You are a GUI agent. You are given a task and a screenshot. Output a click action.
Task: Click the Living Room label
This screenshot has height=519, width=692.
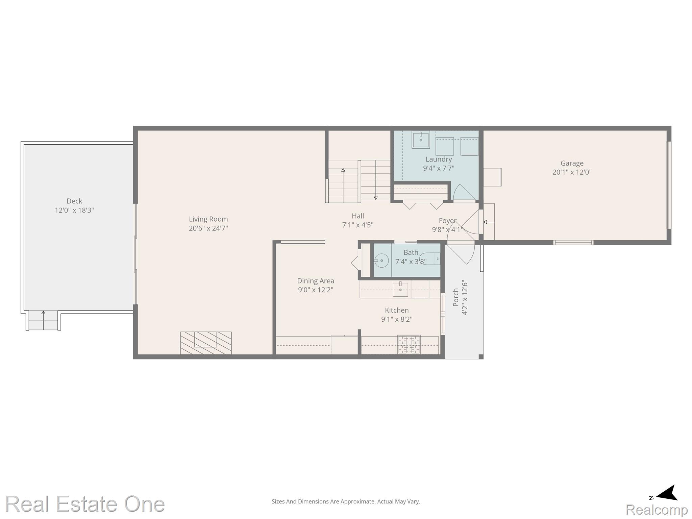coord(208,219)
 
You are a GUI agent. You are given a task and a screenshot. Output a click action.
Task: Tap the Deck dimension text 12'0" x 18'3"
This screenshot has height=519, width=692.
coord(74,210)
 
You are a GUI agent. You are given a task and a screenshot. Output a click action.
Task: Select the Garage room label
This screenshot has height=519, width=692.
coord(572,164)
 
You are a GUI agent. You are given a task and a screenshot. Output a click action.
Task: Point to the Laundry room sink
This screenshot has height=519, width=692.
coord(421,140)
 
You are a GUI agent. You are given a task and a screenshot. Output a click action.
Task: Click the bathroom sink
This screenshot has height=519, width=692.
coord(381,261)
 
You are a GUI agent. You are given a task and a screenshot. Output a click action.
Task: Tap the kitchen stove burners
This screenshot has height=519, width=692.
coord(409,344)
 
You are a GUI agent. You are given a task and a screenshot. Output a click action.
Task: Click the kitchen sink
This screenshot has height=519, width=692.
coord(400,289)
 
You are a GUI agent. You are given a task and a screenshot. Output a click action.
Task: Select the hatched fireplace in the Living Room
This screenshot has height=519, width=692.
coord(206,343)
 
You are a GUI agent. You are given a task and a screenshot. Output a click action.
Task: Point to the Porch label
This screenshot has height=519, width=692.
coord(456,297)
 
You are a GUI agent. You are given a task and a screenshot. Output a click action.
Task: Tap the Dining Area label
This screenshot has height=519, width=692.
coord(316,281)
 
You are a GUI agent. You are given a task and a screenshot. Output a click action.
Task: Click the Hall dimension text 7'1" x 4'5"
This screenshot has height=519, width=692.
coord(358,225)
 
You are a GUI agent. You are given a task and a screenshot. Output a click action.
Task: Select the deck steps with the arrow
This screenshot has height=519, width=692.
coord(43,320)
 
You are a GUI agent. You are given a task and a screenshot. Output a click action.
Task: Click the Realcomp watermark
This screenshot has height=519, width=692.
coord(657,510)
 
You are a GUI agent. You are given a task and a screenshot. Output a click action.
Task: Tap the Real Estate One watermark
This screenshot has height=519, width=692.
coord(85,504)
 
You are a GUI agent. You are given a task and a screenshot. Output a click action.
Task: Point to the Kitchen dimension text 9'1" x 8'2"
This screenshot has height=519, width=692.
coord(397,319)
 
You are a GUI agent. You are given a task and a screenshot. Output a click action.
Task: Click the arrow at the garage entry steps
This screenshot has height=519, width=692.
coord(489,222)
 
